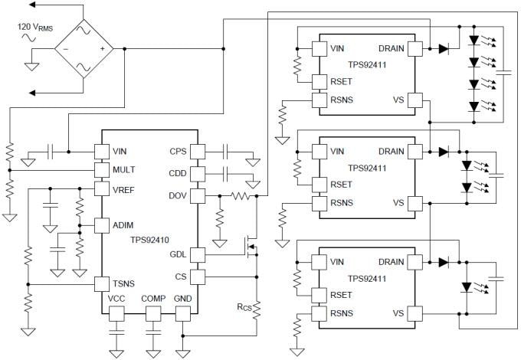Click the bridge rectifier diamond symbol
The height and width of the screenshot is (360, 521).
[x=84, y=49]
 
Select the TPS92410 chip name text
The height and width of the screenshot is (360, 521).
[x=150, y=239]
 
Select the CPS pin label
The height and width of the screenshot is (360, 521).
[x=178, y=151]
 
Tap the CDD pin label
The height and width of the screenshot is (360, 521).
[x=178, y=174]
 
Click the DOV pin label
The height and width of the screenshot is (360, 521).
[x=178, y=197]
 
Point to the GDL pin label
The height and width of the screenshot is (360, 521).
[x=178, y=255]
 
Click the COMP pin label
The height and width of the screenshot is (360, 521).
[x=153, y=299]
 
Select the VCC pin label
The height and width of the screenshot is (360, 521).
[x=116, y=299]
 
